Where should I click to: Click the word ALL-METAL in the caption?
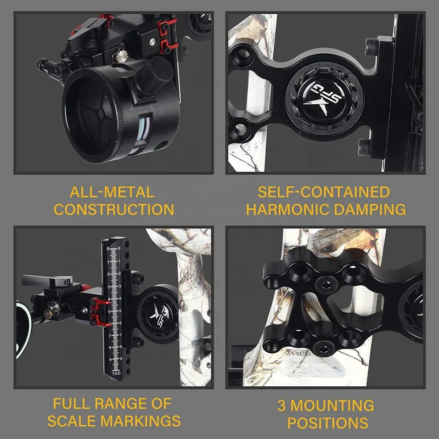click(112, 192)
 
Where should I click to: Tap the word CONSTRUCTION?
click(114, 210)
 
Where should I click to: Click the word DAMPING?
click(370, 210)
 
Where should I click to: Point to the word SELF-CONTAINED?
click(324, 192)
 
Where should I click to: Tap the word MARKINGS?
click(140, 421)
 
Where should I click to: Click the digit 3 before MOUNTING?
click(282, 406)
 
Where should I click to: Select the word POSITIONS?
click(328, 423)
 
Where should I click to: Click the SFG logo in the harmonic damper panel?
click(324, 99)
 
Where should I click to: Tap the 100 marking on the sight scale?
click(116, 373)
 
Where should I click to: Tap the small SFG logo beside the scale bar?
click(159, 315)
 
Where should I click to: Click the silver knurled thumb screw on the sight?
click(121, 56)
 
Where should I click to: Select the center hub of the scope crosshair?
click(101, 115)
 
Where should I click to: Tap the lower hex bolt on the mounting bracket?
click(324, 348)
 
